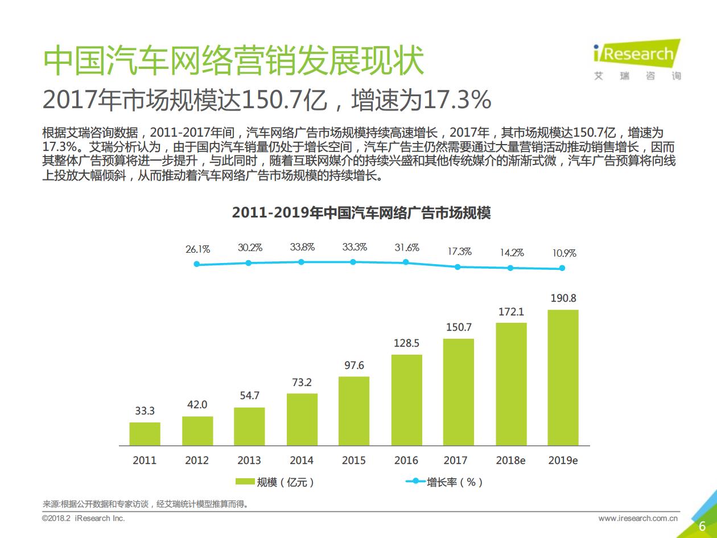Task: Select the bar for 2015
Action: pos(353,410)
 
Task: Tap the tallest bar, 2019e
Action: pos(563,377)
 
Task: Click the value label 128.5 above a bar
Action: pos(406,343)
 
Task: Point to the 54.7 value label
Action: pos(249,396)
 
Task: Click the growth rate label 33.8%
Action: pos(302,247)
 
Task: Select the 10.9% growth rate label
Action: pos(564,253)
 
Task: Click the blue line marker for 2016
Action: pos(406,262)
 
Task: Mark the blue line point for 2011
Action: pos(197,264)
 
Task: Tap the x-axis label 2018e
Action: pos(510,461)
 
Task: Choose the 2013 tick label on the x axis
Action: pos(249,461)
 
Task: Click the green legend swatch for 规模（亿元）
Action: pos(245,482)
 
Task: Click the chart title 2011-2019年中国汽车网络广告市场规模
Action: pos(361,213)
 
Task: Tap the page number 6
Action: pos(702,525)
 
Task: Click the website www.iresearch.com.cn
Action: pos(638,519)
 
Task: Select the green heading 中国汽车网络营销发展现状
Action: pos(234,61)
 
